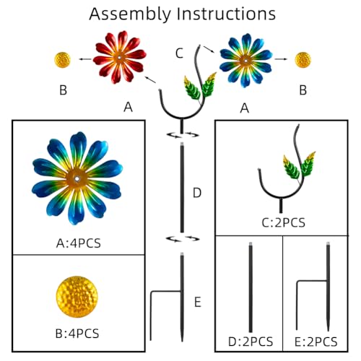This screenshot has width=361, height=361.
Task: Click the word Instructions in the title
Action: click(226, 14)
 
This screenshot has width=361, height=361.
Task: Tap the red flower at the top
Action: click(120, 57)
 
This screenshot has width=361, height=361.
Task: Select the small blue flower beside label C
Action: click(245, 60)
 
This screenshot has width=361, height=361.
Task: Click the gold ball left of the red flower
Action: click(63, 60)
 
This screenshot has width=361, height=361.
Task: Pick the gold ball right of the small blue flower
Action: click(303, 60)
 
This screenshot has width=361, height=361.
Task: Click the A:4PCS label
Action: click(79, 243)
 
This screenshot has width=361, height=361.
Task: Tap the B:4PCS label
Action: click(77, 334)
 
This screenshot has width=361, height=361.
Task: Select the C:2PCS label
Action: click(284, 222)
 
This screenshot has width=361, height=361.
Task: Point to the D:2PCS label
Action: click(251, 342)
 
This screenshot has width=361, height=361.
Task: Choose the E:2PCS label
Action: click(316, 342)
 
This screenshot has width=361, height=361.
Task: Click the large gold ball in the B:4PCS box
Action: click(77, 297)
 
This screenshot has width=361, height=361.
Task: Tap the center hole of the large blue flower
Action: click(77, 179)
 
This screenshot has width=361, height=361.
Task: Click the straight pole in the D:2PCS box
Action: click(251, 287)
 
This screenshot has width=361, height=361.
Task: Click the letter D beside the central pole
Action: click(197, 193)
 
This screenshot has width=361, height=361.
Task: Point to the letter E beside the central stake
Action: click(198, 302)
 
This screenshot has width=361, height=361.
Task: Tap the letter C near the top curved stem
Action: click(180, 53)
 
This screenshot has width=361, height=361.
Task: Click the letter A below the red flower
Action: click(128, 107)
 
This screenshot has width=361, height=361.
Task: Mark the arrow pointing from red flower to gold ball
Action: click(85, 59)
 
